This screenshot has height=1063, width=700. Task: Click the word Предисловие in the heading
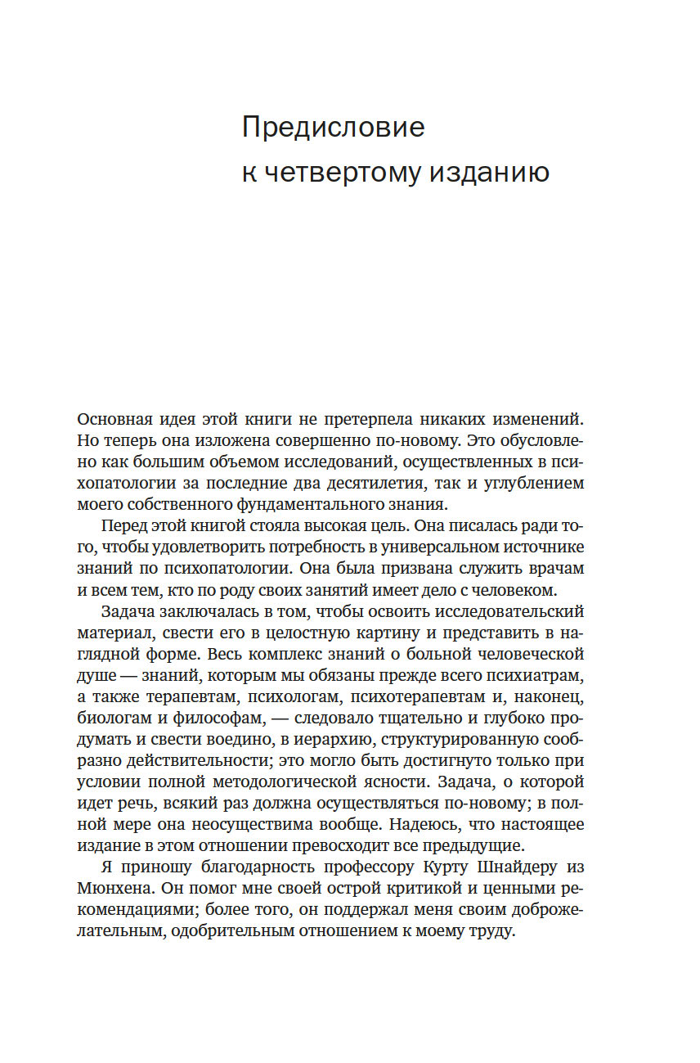click(x=334, y=128)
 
